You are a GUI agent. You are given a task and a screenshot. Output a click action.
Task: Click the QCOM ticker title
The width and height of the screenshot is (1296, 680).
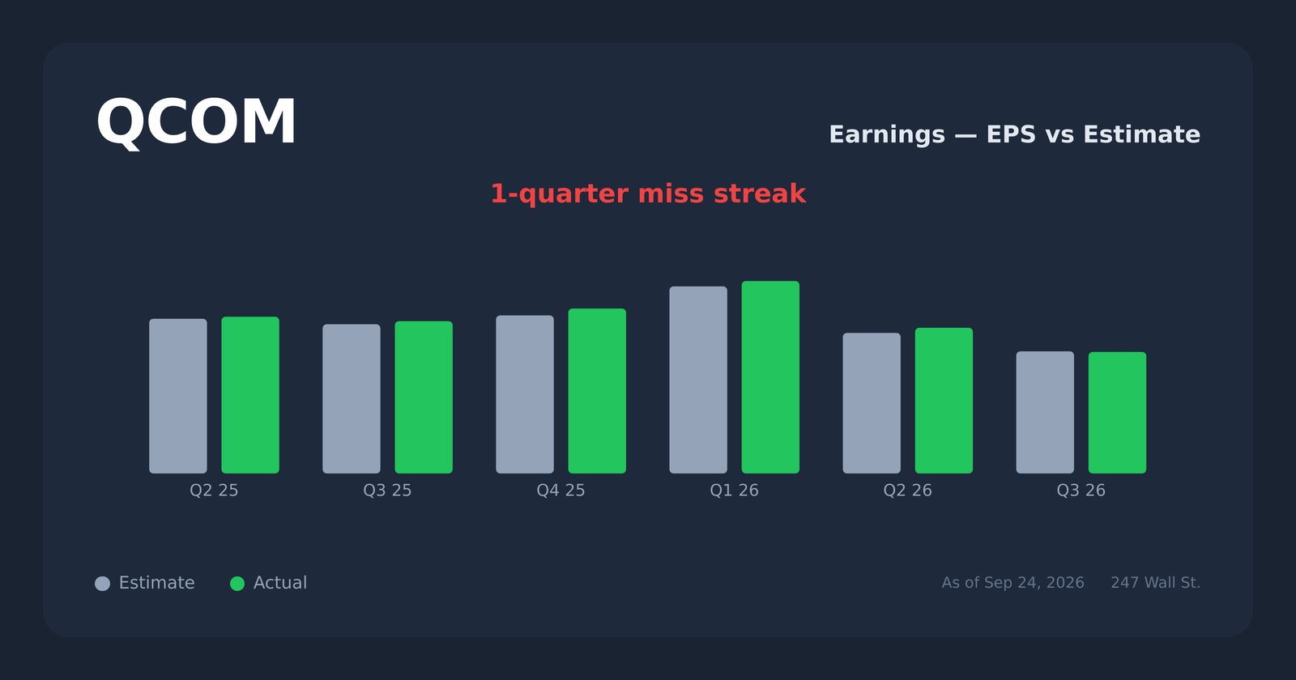[x=196, y=122]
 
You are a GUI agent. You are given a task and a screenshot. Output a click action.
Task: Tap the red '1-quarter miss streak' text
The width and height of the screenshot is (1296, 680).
[x=648, y=193]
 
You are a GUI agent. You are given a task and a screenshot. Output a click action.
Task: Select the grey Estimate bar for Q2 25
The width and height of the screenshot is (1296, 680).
[x=178, y=396]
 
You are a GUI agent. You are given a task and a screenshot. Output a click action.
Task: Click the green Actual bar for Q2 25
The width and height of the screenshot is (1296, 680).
[x=250, y=395]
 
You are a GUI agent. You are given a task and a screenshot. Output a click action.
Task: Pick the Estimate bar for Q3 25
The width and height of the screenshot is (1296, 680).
[x=352, y=399]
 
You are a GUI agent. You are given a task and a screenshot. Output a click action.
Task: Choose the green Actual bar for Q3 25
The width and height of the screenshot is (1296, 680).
[x=424, y=397]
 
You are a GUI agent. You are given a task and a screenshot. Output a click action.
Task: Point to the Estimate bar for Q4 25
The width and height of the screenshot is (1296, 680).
[x=525, y=394]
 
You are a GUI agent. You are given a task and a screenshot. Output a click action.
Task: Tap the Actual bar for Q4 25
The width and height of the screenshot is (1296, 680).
[x=597, y=391]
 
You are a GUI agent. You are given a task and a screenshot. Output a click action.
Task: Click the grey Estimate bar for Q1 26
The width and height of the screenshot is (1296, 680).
[x=698, y=380]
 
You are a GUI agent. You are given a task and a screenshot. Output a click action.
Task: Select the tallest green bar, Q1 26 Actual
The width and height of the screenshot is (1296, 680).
[x=770, y=377]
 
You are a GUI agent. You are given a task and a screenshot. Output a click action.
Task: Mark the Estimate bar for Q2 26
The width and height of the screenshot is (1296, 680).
[x=872, y=403]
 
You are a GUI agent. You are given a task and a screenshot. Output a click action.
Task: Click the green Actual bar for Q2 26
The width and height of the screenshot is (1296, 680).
[x=944, y=401]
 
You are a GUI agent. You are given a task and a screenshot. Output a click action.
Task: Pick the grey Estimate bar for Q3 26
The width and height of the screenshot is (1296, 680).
[x=1046, y=412]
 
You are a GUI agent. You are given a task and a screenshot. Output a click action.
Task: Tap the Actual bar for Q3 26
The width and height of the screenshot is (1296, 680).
[x=1118, y=413]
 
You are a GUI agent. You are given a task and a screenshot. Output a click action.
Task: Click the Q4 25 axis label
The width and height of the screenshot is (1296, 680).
[x=561, y=491]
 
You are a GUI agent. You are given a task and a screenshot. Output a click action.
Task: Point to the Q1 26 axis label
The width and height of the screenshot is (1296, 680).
[x=734, y=491]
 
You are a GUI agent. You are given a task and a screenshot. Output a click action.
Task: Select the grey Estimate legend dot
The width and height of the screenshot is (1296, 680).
[x=102, y=584]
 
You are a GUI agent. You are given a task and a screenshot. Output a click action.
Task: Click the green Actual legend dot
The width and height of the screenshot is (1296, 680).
[x=237, y=584]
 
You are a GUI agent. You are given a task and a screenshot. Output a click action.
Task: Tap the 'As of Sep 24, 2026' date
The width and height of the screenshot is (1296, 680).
[x=1013, y=583]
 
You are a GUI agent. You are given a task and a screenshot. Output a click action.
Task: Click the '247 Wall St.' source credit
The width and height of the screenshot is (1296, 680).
[x=1155, y=583]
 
